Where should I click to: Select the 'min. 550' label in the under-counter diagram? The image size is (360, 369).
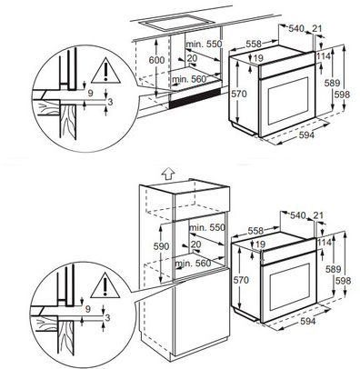[209, 43]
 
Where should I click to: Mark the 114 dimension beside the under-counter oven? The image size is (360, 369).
[323, 57]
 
